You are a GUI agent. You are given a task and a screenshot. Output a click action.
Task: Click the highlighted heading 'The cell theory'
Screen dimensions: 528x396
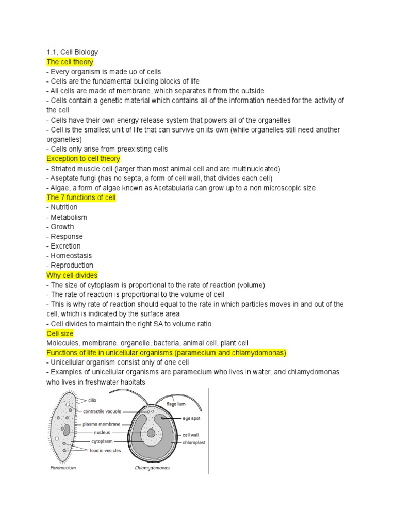click(70, 62)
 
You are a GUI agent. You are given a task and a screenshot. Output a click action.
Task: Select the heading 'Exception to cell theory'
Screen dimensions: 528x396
click(83, 159)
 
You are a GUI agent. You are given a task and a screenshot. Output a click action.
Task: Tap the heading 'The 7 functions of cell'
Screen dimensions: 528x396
click(81, 197)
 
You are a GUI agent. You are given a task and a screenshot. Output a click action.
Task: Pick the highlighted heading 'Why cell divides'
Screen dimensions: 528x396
click(72, 275)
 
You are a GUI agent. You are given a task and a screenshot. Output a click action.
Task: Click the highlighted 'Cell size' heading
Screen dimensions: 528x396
click(60, 334)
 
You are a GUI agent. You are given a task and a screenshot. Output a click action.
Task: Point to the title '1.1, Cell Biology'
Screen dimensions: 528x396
click(72, 52)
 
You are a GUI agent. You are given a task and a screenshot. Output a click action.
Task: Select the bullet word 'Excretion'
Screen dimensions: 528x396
click(65, 246)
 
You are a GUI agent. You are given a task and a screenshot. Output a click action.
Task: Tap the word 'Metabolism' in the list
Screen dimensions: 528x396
click(69, 217)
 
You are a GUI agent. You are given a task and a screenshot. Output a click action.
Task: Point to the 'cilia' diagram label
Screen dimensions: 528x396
click(92, 399)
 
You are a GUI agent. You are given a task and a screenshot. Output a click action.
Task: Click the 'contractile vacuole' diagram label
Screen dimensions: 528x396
click(102, 411)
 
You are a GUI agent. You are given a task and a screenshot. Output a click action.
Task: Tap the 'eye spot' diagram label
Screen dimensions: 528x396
click(191, 418)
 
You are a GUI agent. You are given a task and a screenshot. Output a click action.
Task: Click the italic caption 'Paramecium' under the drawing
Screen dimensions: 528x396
click(63, 468)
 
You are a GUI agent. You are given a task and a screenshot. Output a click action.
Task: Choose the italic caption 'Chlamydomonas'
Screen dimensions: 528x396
click(152, 468)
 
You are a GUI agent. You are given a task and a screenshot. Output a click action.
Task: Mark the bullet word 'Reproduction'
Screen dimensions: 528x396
click(72, 266)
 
